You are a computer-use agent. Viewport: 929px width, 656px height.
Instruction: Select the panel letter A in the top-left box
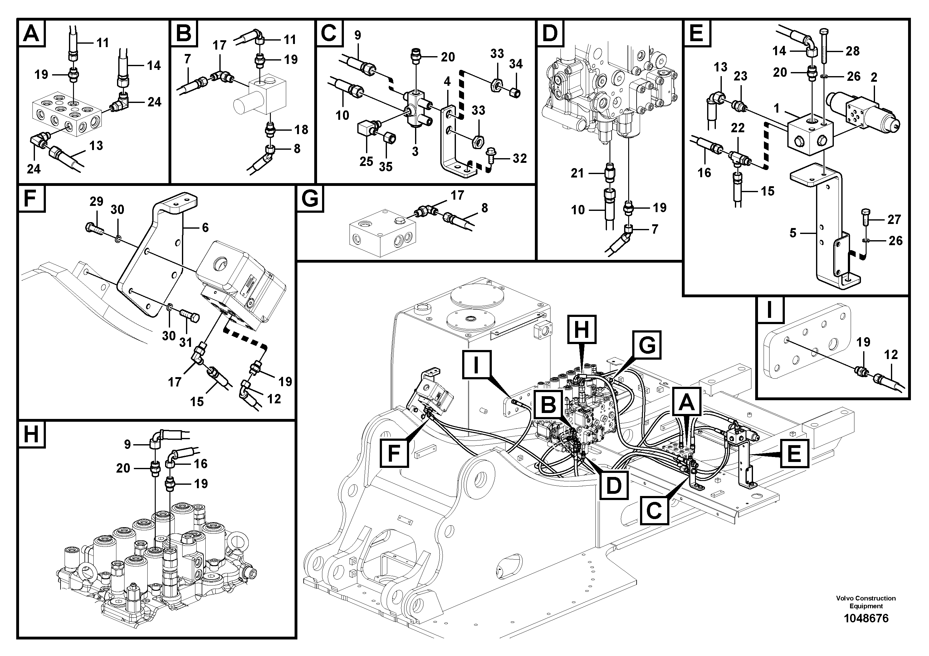pos(31,33)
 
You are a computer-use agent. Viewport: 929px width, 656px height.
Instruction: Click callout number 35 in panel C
pos(386,167)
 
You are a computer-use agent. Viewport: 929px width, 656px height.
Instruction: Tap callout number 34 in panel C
pos(516,64)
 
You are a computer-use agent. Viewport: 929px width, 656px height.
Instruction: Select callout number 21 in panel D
pos(577,173)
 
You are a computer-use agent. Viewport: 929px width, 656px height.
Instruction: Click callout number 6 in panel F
pos(205,228)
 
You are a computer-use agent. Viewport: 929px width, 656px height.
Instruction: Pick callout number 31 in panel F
pos(185,343)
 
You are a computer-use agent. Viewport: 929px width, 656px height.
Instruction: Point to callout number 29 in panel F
pos(96,202)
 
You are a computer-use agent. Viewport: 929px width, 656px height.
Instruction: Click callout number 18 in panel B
pos(301,130)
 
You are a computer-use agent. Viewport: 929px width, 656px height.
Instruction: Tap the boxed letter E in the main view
pos(794,453)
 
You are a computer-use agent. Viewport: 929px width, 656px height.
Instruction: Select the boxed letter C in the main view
pos(654,510)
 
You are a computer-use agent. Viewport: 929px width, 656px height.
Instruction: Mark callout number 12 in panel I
pos(891,355)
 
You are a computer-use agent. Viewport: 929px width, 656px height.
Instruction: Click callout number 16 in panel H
pos(201,464)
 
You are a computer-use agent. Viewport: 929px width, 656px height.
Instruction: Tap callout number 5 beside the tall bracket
pos(793,233)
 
